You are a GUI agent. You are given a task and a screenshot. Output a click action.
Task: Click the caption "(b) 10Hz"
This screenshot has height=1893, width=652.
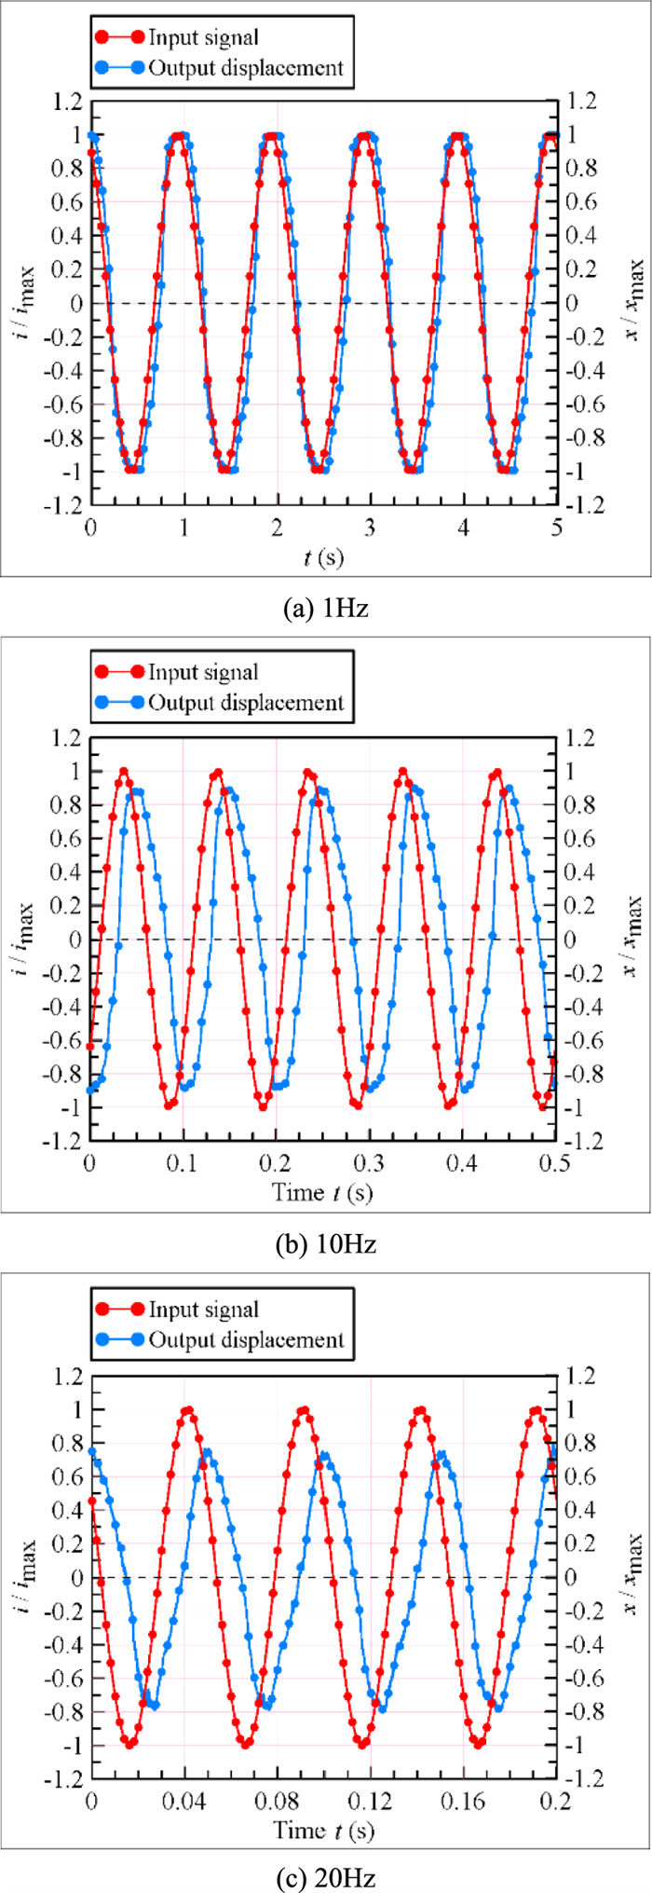pyautogui.click(x=325, y=1244)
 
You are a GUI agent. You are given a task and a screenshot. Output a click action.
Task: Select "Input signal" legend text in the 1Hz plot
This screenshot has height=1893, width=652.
pyautogui.click(x=203, y=37)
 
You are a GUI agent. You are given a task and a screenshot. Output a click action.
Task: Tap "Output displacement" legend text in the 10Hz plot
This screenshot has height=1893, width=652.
pyautogui.click(x=246, y=703)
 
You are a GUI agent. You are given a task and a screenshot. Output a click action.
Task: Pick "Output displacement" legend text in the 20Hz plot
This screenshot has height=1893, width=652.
pyautogui.click(x=246, y=1340)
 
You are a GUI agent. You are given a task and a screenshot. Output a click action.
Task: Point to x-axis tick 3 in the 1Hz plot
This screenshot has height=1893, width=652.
pyautogui.click(x=370, y=527)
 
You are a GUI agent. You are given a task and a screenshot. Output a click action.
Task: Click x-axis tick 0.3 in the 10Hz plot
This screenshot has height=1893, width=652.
pyautogui.click(x=370, y=1163)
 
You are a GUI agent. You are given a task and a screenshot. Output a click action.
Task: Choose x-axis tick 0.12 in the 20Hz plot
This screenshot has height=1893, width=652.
pyautogui.click(x=370, y=1799)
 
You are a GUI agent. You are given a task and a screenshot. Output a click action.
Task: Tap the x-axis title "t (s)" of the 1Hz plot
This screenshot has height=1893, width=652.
pyautogui.click(x=323, y=557)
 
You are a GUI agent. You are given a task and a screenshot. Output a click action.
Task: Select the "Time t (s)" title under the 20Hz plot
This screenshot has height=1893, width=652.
pyautogui.click(x=323, y=1829)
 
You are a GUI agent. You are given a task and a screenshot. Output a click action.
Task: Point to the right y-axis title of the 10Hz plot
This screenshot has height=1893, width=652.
pyautogui.click(x=633, y=937)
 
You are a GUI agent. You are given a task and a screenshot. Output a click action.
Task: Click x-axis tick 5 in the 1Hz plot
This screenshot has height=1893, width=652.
pyautogui.click(x=556, y=527)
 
